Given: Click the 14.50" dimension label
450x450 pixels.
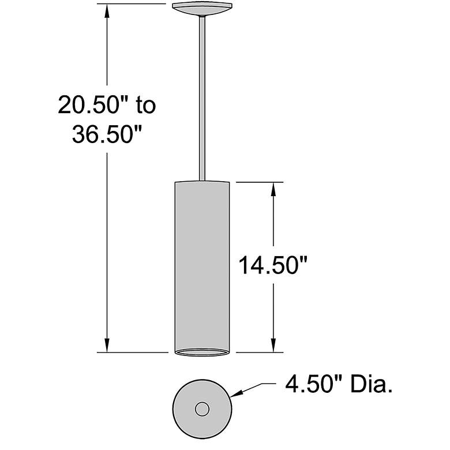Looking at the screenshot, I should point(273,267).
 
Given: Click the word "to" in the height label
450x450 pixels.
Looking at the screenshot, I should point(145,106).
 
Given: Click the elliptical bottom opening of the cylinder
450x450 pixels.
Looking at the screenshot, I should point(202,351).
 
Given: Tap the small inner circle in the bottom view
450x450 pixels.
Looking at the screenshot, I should point(202,409).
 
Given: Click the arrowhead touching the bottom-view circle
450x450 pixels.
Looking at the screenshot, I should point(237,395).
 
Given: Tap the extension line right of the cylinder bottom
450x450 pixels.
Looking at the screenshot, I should point(260,352).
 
